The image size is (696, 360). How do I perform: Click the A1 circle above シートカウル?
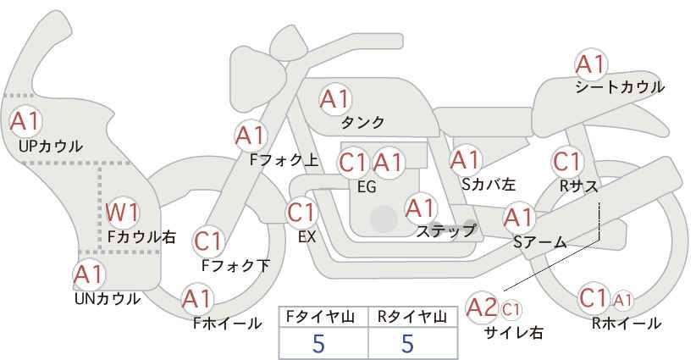point(590,64)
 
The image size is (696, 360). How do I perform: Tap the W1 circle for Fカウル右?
point(123,212)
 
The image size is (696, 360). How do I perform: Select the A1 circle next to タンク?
point(334,99)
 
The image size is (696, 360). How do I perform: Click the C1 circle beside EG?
point(354,162)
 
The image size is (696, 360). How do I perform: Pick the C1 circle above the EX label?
point(301,212)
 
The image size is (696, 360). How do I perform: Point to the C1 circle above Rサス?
point(566,161)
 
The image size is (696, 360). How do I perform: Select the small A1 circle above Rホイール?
point(623,299)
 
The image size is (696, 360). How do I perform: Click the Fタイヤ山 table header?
point(323,316)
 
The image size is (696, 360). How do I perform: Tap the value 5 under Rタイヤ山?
point(408,344)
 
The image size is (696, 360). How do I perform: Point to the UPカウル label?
point(51,147)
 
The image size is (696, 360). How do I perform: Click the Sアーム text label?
point(539,242)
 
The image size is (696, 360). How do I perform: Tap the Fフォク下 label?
point(235,266)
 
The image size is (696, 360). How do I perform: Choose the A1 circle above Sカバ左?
point(465,159)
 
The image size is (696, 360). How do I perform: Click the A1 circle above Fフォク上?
point(251,135)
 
